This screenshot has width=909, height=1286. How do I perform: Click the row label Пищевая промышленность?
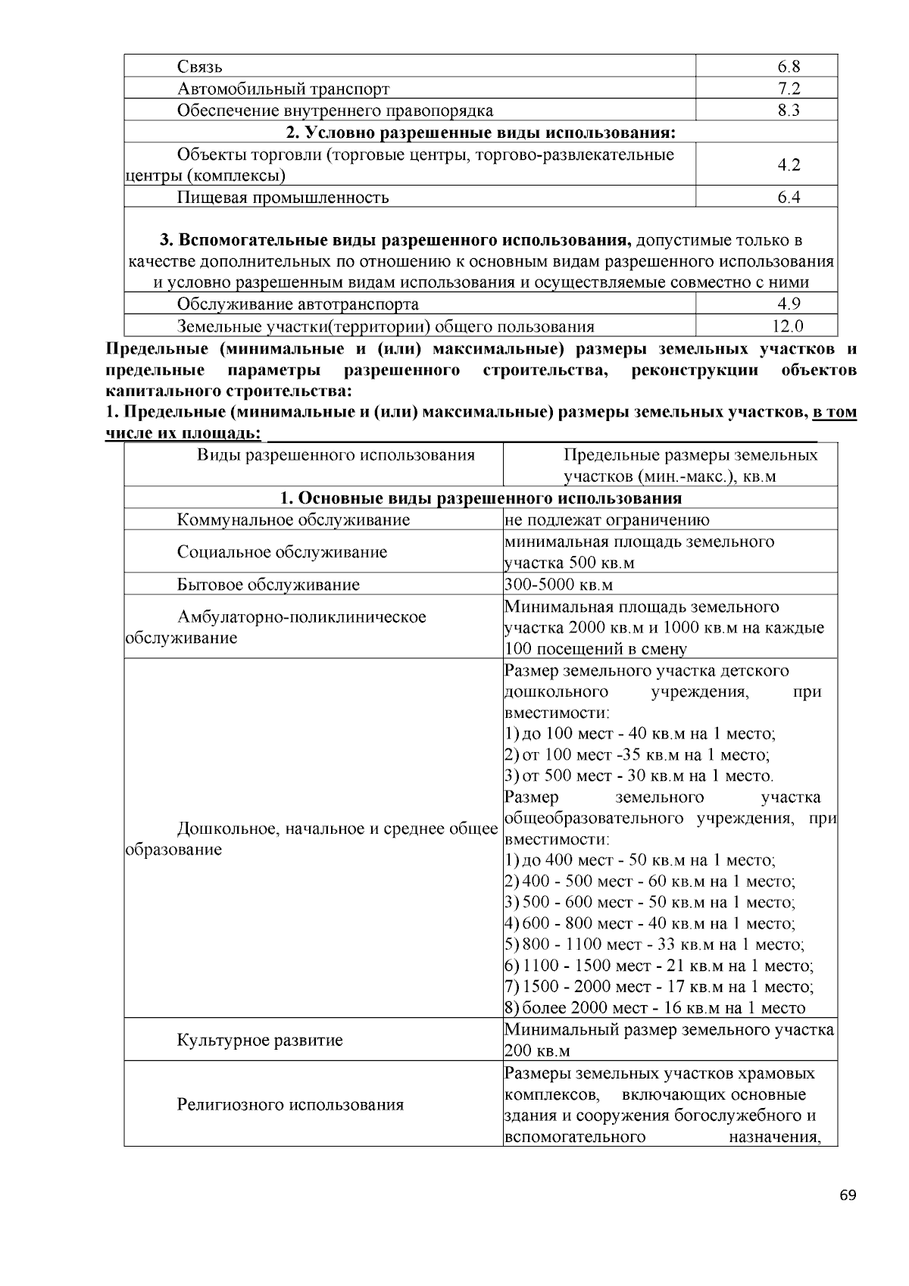point(283,198)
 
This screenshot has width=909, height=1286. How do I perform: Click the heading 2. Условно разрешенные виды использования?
point(480,133)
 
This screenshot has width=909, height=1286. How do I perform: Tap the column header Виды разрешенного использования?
point(336,455)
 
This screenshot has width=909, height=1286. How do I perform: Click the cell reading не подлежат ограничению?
point(607,520)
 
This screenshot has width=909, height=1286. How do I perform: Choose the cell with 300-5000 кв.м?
point(558,585)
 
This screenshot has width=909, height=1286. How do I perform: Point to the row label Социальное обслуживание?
point(282,552)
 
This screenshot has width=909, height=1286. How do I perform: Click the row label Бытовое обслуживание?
point(268,585)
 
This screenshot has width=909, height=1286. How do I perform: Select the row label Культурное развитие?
point(260,1040)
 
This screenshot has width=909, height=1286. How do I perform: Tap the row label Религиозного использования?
point(290,1104)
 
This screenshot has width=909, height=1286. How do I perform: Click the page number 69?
point(848,1195)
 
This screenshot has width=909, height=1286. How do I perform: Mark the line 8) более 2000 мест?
point(654,1008)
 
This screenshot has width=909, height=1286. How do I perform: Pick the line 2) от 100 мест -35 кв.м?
point(637,755)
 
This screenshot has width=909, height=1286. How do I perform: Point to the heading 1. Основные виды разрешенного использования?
point(480,498)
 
